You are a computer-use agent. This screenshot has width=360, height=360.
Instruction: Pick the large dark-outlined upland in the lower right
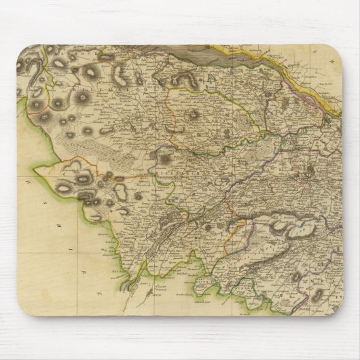[285, 224]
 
